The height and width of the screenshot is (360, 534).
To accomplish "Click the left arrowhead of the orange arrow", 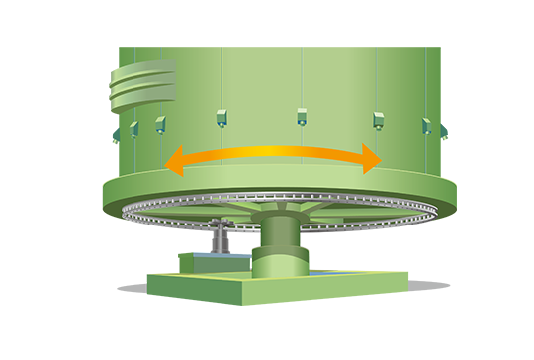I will (x=173, y=162).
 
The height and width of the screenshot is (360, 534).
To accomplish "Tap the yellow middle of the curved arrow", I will (x=272, y=151).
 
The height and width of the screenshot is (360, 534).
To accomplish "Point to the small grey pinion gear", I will (x=224, y=230).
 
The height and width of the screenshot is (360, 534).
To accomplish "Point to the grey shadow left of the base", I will (x=134, y=288).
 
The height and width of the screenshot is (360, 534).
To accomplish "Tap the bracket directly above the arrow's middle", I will (x=302, y=116).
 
